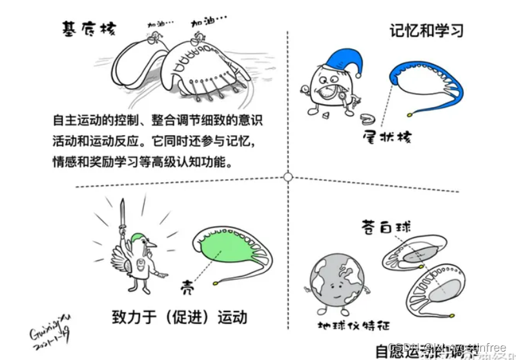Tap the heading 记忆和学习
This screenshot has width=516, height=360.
[427, 30]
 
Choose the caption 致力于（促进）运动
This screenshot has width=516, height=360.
[179, 317]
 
